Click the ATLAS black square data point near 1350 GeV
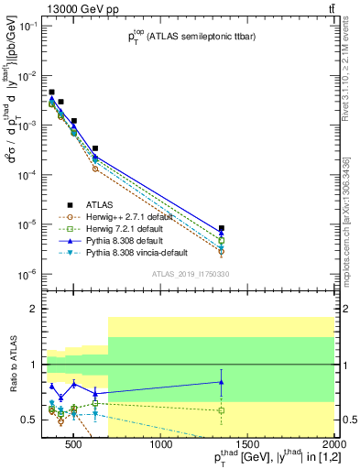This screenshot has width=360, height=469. [222, 228]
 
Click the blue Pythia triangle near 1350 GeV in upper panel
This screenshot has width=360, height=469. [222, 234]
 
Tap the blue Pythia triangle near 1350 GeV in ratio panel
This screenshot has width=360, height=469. [222, 382]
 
